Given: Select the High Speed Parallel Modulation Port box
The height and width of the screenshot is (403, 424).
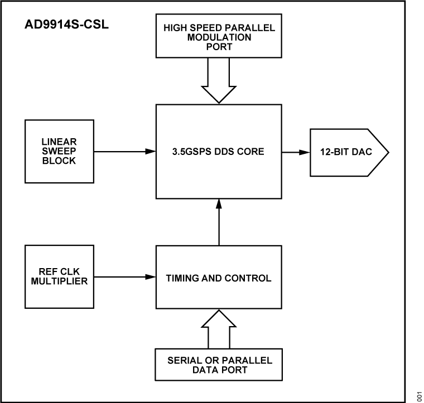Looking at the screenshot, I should [x=219, y=37].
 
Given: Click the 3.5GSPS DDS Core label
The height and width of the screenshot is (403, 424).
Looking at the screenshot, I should [x=218, y=152].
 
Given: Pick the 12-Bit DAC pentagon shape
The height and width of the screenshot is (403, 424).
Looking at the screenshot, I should [x=344, y=152].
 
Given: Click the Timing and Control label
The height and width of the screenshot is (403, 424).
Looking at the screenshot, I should [x=219, y=277].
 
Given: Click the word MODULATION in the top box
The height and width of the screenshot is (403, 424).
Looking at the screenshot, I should [x=219, y=37].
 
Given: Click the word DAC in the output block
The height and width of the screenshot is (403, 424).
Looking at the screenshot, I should [x=359, y=152].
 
